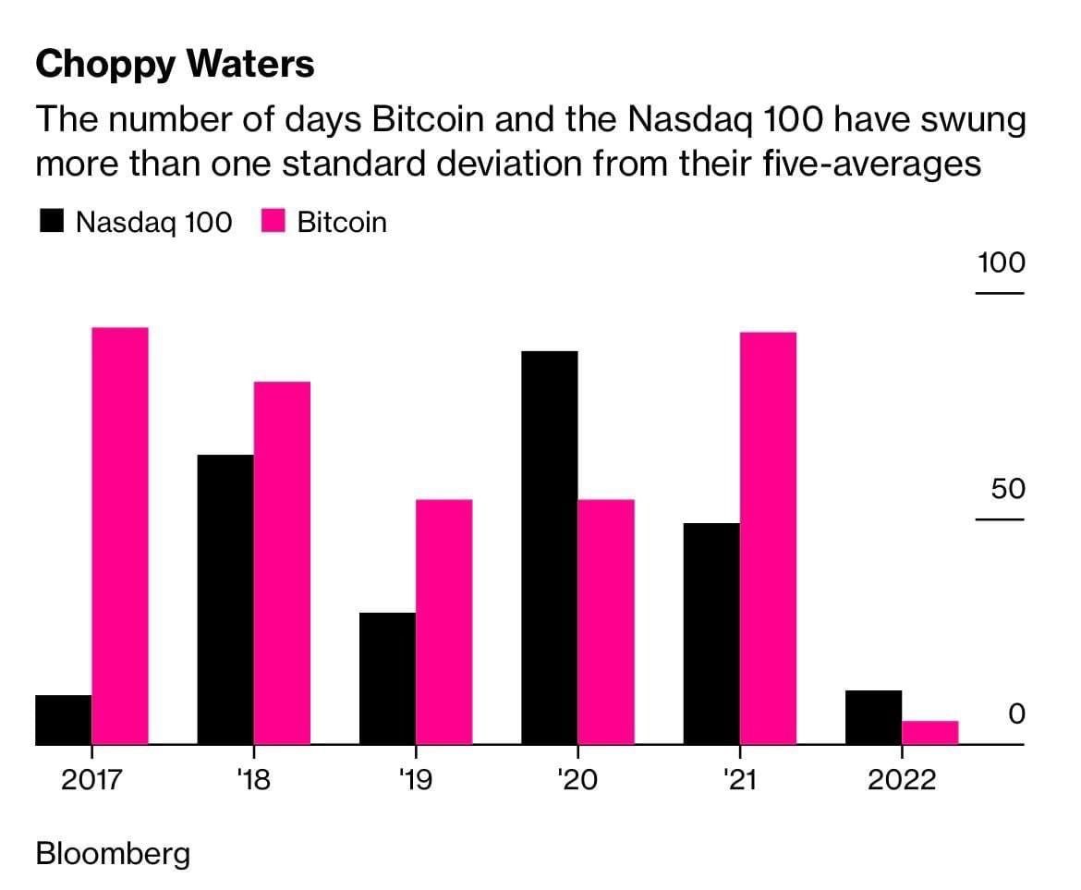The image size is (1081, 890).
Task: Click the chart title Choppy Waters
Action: pos(175,64)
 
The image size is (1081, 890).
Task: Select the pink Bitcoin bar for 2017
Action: pos(120,536)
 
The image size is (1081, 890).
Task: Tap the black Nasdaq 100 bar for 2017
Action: pos(64,720)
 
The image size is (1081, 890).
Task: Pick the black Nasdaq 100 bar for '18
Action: pos(225,600)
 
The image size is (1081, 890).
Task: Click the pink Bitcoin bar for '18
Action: pos(282,563)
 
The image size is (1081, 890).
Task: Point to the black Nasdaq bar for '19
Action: pos(387,678)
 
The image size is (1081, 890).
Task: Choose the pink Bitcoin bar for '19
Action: pos(444,622)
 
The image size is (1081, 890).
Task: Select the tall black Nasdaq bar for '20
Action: pos(550,548)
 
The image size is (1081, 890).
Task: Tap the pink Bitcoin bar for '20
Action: pos(606,622)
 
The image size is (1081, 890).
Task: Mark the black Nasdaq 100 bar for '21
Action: pos(711,634)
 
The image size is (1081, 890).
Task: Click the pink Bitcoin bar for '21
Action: pos(768,538)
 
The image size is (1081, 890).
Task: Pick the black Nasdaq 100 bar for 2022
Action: pos(873,717)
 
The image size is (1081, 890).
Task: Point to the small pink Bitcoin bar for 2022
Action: pos(929,732)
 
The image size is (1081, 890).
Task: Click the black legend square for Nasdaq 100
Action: pos(52,223)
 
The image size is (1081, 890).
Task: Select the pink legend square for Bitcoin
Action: pos(274,223)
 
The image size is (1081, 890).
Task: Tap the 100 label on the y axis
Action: pos(1002,262)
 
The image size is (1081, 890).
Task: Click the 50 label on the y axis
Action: pos(1008,488)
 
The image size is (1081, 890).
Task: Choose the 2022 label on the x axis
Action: pos(902,781)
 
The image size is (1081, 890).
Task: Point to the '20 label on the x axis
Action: pos(577,781)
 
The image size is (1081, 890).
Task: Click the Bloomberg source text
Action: pos(113,853)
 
